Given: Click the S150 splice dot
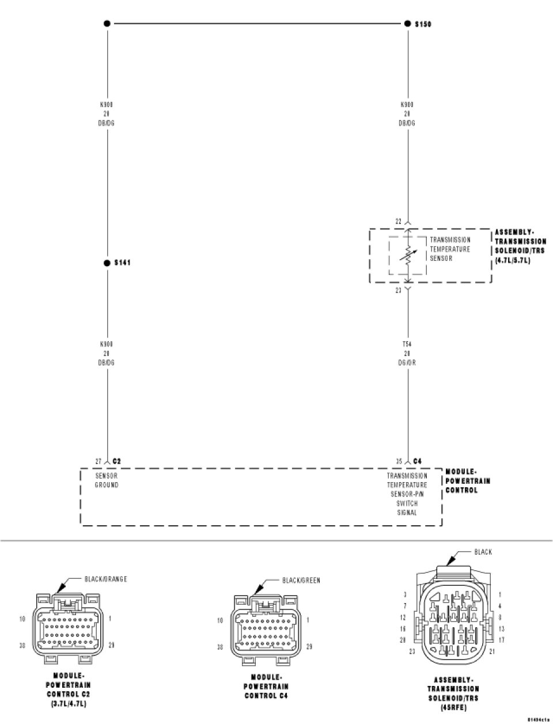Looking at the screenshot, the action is [x=407, y=24].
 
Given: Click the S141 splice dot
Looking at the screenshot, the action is [x=107, y=263].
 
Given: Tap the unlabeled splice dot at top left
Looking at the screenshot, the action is [x=107, y=24].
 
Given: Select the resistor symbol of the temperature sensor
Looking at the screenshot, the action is [x=408, y=255].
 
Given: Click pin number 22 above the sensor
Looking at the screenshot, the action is [x=397, y=221].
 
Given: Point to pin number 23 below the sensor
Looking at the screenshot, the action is [x=397, y=291].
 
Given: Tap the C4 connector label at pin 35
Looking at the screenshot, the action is [x=418, y=461].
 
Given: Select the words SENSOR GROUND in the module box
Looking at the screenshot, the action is [x=107, y=480].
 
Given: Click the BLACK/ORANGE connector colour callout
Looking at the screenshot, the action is [x=105, y=579].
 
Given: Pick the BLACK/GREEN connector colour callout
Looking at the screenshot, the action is [x=301, y=581].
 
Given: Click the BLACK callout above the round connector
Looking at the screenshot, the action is [x=483, y=552].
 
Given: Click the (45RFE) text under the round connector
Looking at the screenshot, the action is [x=453, y=707].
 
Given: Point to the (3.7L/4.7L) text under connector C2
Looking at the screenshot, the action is [x=68, y=704].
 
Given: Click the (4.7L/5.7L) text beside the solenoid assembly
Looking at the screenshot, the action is [x=512, y=260].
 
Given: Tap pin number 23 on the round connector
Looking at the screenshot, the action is [x=412, y=651].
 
